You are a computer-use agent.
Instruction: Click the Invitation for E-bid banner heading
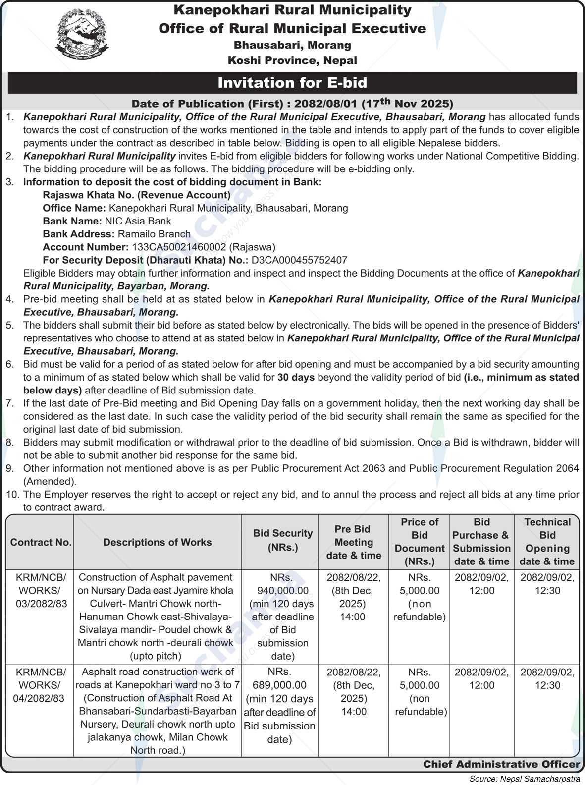292,83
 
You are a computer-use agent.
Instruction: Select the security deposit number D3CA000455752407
299,260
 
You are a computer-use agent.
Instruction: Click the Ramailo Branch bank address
154,234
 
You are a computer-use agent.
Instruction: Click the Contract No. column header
41,542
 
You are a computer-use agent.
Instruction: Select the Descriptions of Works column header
158,542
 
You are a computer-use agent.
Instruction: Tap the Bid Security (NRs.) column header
283,540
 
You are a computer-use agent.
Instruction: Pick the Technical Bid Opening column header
547,542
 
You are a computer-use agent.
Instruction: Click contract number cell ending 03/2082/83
41,590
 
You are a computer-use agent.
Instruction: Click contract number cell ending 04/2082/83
41,685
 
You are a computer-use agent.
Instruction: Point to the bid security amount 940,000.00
283,591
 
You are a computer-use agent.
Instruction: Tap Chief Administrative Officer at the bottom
501,764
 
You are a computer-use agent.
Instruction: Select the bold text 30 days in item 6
296,377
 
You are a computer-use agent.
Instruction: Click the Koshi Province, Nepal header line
292,60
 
